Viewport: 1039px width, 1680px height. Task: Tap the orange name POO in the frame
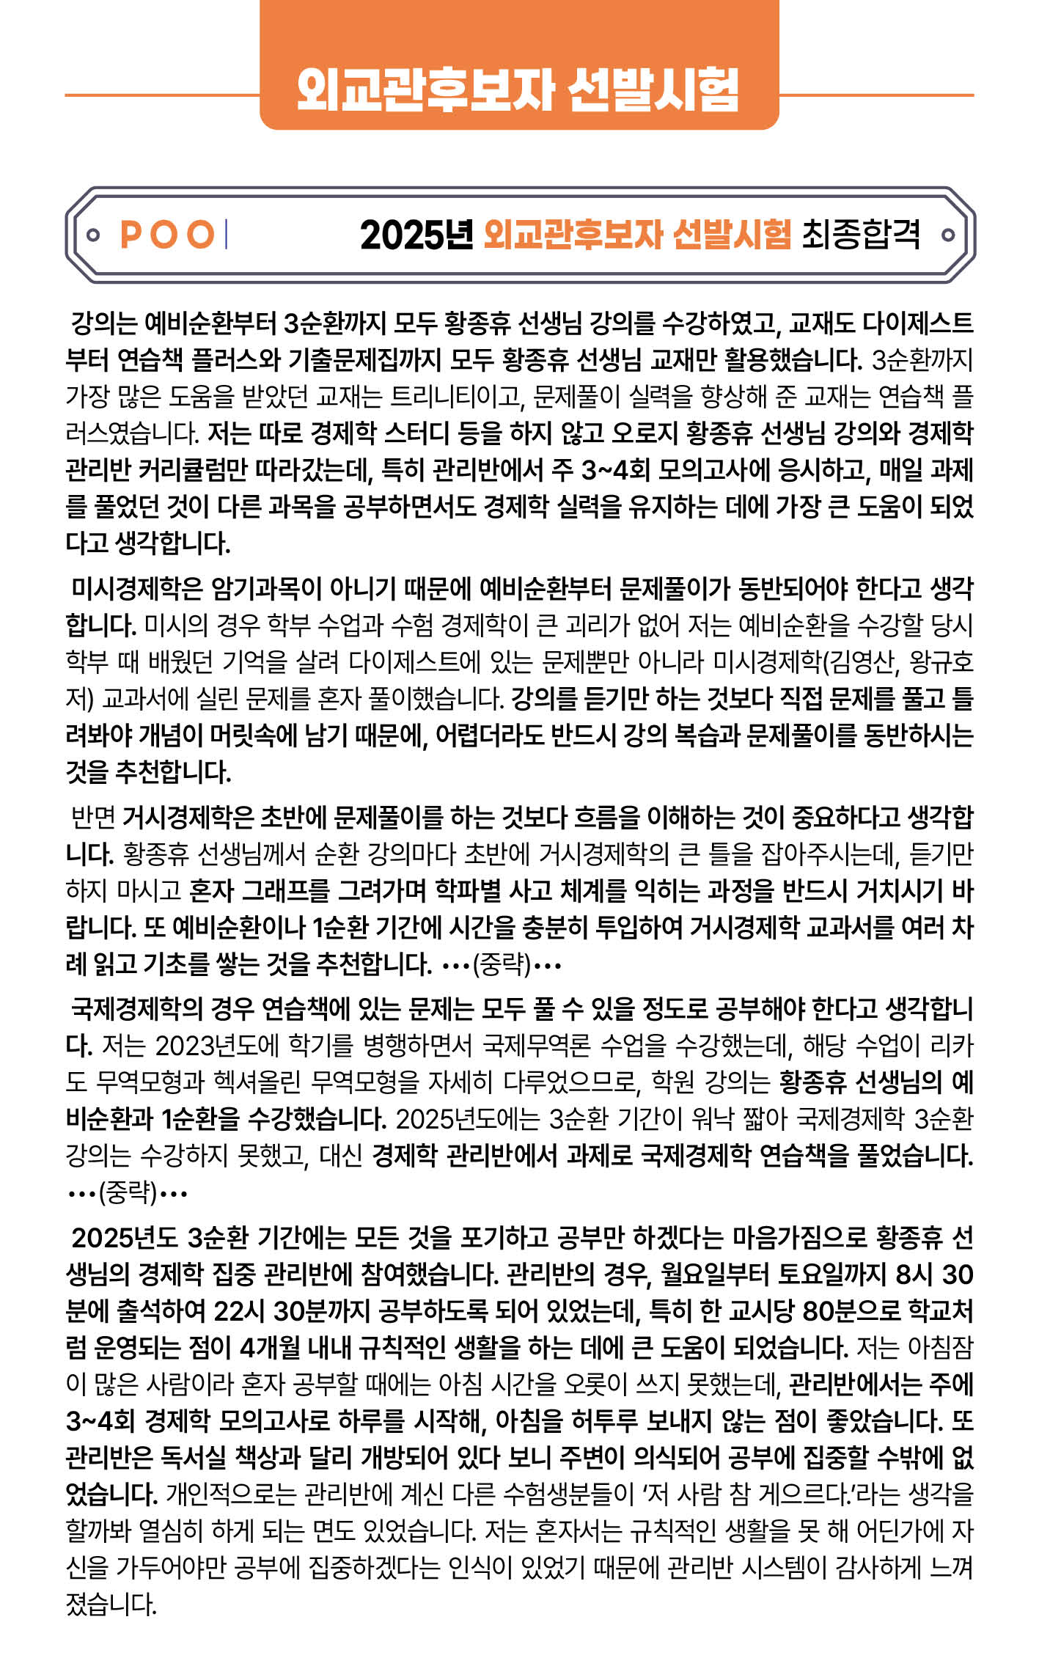coord(167,235)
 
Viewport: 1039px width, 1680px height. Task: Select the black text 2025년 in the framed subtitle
coord(416,235)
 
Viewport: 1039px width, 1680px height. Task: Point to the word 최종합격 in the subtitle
coord(861,235)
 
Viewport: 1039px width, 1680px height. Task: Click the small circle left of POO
coord(92,235)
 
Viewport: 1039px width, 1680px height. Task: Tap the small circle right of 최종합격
coord(947,235)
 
